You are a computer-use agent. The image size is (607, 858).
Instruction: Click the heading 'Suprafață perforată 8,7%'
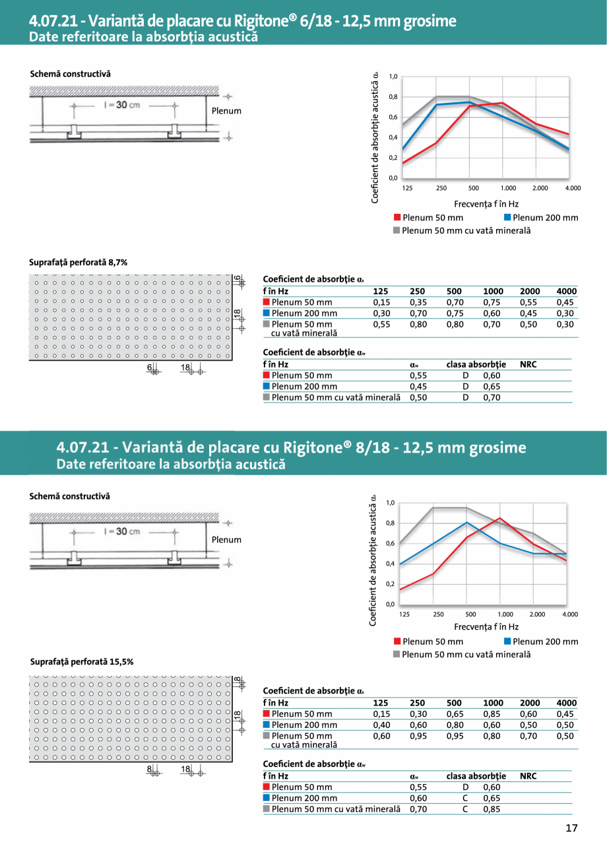pyautogui.click(x=79, y=262)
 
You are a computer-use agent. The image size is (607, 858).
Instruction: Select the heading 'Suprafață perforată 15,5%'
pyautogui.click(x=82, y=661)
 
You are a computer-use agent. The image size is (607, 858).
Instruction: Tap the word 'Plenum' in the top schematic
pyautogui.click(x=226, y=111)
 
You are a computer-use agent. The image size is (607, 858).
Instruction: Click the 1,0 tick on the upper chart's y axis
pyautogui.click(x=393, y=77)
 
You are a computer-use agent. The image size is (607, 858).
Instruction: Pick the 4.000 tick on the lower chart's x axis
pyautogui.click(x=570, y=614)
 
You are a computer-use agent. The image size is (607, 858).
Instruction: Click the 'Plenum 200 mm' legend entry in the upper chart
pyautogui.click(x=545, y=218)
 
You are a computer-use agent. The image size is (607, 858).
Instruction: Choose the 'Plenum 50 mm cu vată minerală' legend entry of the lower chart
pyautogui.click(x=466, y=654)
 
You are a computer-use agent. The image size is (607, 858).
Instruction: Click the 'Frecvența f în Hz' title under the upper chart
pyautogui.click(x=486, y=204)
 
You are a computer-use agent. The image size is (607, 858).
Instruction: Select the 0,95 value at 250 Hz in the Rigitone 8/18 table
pyautogui.click(x=418, y=735)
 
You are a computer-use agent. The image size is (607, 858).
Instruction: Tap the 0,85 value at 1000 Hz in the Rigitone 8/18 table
pyautogui.click(x=492, y=714)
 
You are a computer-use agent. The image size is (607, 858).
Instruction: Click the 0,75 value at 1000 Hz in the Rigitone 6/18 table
pyautogui.click(x=492, y=302)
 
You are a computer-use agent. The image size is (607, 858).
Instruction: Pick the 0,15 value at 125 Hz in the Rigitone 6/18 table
pyautogui.click(x=381, y=302)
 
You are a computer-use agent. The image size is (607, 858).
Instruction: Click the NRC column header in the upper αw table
pyautogui.click(x=528, y=364)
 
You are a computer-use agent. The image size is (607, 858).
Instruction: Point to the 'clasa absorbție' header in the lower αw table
pyautogui.click(x=476, y=776)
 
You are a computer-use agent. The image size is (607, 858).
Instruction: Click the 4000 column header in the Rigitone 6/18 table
pyautogui.click(x=566, y=291)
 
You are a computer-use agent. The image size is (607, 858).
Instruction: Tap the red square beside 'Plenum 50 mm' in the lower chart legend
pyautogui.click(x=397, y=641)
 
